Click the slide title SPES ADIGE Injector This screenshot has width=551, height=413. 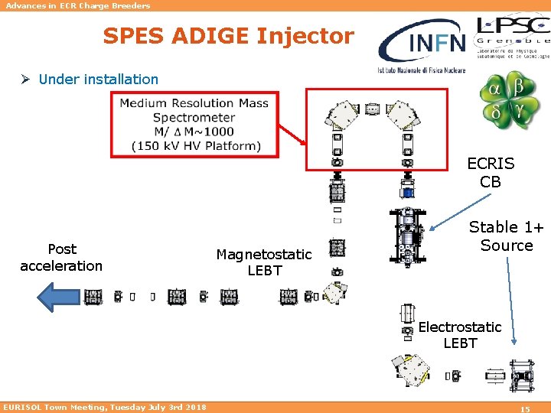point(229,36)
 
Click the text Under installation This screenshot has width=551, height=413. point(98,79)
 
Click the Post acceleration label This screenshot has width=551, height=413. point(61,258)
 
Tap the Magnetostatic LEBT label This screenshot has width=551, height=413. point(264,262)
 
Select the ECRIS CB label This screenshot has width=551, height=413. point(491,172)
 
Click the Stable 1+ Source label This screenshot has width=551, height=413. point(506,236)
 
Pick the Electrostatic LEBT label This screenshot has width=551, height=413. point(460,335)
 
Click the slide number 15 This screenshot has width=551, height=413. point(525,409)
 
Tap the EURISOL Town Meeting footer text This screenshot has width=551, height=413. point(105,408)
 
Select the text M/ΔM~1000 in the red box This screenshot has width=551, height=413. point(194,132)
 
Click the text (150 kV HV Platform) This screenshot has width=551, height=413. point(196,146)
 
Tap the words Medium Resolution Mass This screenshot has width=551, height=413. point(194,103)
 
